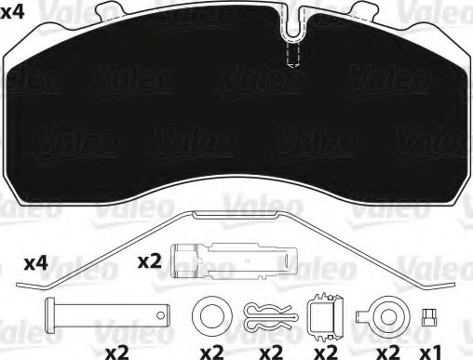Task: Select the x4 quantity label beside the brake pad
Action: (x=15, y=12)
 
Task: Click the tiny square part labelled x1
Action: (x=428, y=314)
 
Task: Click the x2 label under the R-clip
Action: (x=271, y=353)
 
